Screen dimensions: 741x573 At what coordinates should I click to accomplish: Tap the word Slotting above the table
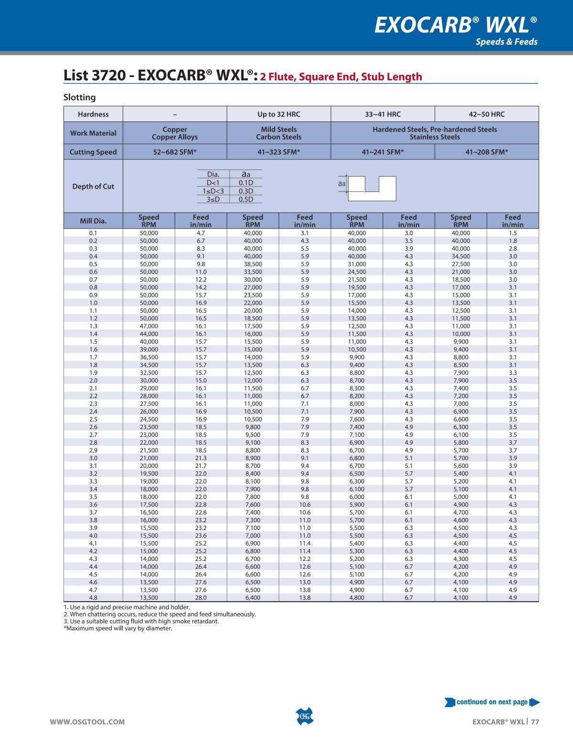pos(80,97)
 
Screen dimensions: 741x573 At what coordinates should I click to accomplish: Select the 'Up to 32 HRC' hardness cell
pos(278,114)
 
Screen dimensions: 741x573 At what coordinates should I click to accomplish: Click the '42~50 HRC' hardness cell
pos(487,114)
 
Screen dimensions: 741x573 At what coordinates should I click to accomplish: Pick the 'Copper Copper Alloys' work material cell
pos(174,133)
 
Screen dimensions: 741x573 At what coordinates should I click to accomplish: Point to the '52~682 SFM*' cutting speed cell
pos(174,152)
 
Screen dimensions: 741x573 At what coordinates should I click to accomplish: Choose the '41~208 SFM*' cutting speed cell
pos(487,152)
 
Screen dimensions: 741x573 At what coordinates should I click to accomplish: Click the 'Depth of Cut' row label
pos(93,186)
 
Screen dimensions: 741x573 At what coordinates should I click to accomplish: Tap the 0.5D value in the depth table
pos(246,200)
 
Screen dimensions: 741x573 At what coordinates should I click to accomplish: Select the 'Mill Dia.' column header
pos(93,221)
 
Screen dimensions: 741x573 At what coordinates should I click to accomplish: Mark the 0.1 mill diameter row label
pos(93,233)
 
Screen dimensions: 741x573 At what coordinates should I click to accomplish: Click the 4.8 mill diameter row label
pos(93,597)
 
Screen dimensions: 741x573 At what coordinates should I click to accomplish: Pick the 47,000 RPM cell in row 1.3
pos(149,326)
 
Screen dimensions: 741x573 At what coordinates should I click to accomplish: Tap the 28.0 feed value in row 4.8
pos(201,597)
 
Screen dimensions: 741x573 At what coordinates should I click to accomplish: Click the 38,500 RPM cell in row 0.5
pos(253,264)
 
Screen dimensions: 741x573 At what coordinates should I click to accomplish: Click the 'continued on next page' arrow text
pos(492,702)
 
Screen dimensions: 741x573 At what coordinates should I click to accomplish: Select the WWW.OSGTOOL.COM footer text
pos(87,722)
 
